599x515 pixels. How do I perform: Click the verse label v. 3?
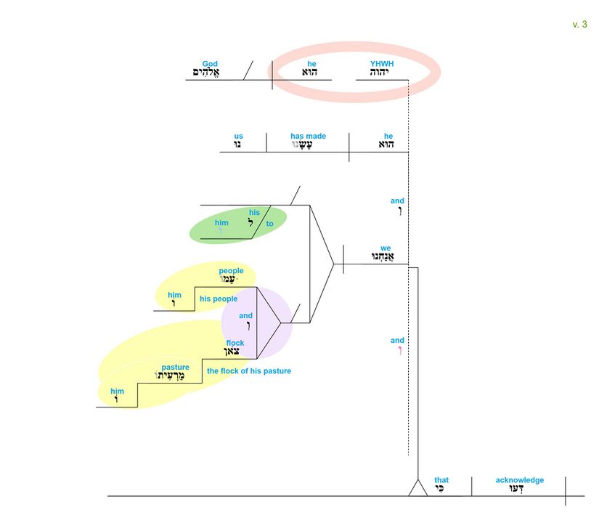coord(579,25)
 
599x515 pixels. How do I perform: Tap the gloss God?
coord(210,64)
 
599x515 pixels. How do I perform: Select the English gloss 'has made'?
coord(308,136)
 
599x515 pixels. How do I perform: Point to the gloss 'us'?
coord(239,136)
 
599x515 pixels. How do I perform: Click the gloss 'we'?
coord(386,248)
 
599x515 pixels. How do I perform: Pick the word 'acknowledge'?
coord(519,480)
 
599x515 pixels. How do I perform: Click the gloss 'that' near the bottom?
coord(441,480)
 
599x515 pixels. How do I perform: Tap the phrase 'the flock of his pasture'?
coord(249,371)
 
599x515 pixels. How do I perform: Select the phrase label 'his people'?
coord(219,299)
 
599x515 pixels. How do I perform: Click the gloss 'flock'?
coord(235,343)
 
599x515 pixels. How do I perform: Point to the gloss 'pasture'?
coord(175,368)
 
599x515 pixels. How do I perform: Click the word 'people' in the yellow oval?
coord(231,271)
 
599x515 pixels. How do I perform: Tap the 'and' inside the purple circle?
coord(245,316)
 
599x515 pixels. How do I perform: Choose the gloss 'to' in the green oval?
coord(269,224)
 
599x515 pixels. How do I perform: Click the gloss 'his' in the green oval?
coord(254,213)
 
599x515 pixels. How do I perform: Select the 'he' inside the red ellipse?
coord(309,64)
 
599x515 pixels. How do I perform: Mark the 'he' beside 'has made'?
coord(388,136)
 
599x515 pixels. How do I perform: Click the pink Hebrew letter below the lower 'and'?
coord(398,352)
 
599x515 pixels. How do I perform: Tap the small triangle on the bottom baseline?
coord(417,487)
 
